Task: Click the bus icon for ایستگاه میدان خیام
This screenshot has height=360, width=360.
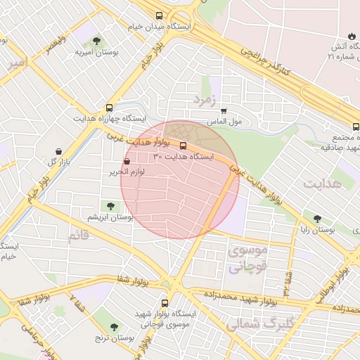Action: (159, 15)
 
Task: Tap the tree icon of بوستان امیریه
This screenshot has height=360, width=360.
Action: (96, 41)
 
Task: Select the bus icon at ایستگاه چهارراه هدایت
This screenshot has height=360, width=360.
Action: (109, 108)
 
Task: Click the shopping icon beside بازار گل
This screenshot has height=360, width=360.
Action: (58, 151)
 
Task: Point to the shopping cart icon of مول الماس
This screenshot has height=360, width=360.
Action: (224, 110)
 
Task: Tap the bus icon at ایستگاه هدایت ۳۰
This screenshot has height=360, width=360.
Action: (184, 146)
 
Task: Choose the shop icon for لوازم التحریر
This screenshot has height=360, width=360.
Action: (127, 161)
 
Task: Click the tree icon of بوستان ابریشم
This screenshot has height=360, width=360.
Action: (110, 205)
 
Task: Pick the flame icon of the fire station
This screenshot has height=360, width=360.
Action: (351, 36)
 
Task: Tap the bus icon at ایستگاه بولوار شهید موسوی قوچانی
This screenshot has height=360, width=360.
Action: (165, 303)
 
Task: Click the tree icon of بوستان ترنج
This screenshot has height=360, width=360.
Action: (114, 327)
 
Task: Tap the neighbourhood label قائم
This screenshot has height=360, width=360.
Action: (79, 236)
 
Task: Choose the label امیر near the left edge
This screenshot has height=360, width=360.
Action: (18, 63)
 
